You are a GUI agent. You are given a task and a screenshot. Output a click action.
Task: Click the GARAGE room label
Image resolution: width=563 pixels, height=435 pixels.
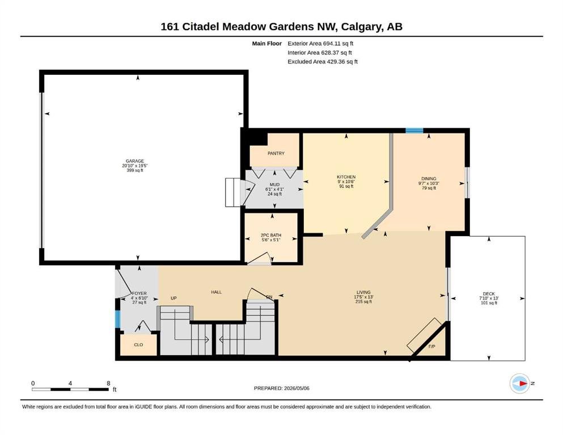(134, 161)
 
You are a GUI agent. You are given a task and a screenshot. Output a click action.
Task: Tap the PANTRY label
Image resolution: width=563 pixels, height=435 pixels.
(276, 153)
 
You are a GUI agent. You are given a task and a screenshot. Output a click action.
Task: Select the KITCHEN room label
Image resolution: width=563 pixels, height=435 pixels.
(346, 177)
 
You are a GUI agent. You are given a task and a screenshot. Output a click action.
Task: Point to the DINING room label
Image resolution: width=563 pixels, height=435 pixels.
(429, 178)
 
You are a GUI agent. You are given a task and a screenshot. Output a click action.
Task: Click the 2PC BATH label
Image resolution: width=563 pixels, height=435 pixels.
(271, 235)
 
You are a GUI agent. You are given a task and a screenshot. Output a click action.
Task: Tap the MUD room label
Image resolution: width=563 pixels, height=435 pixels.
(274, 185)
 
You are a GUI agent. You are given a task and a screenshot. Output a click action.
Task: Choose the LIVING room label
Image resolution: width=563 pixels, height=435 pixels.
(363, 292)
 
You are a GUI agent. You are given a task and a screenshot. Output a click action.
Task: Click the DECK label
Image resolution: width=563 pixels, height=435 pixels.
(489, 294)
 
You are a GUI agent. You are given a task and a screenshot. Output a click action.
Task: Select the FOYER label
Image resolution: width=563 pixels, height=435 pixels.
(139, 293)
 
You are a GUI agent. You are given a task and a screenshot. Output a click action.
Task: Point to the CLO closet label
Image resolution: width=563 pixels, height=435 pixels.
(138, 344)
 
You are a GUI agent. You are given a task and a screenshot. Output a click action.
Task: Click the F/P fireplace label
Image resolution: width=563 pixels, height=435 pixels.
(431, 347)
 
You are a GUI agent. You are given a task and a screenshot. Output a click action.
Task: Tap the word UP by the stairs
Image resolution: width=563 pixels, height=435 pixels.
(173, 298)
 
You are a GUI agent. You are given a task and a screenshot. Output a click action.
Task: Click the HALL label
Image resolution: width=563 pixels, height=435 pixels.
(216, 292)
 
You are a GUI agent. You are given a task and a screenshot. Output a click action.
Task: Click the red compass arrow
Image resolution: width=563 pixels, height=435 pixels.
(523, 383)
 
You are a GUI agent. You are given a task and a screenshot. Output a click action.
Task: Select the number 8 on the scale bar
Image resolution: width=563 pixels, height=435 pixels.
(108, 383)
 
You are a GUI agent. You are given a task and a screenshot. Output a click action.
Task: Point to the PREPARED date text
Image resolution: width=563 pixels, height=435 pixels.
(281, 388)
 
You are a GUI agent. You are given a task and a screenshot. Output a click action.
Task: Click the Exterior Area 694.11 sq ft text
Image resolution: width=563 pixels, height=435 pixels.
(320, 44)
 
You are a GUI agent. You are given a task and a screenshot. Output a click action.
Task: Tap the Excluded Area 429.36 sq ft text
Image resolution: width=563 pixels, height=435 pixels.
(323, 61)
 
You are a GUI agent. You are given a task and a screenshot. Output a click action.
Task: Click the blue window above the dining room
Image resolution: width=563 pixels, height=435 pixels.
(414, 130)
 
